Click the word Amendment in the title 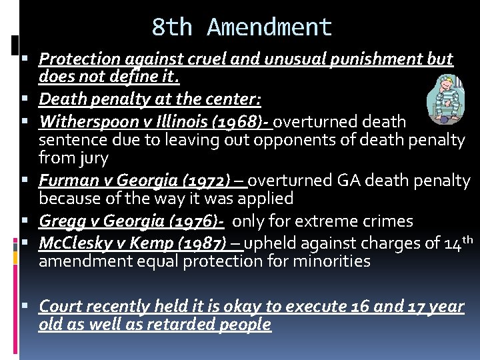tap(269, 27)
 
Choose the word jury tap(93, 159)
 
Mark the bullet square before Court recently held tap(30, 307)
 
